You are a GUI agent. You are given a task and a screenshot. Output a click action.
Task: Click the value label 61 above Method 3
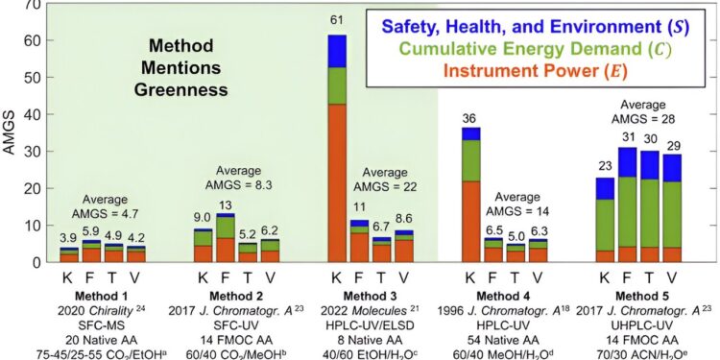click(336, 21)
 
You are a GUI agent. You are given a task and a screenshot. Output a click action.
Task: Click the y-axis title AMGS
click(12, 132)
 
